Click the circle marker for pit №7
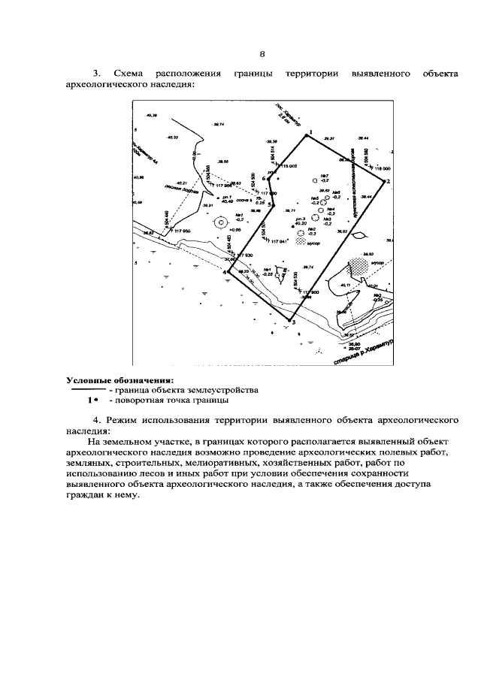pyautogui.click(x=315, y=181)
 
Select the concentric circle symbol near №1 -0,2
pyautogui.click(x=219, y=222)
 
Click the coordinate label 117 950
pyautogui.click(x=184, y=231)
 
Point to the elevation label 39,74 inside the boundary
pyautogui.click(x=307, y=267)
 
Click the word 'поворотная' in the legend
pyautogui.click(x=139, y=400)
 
